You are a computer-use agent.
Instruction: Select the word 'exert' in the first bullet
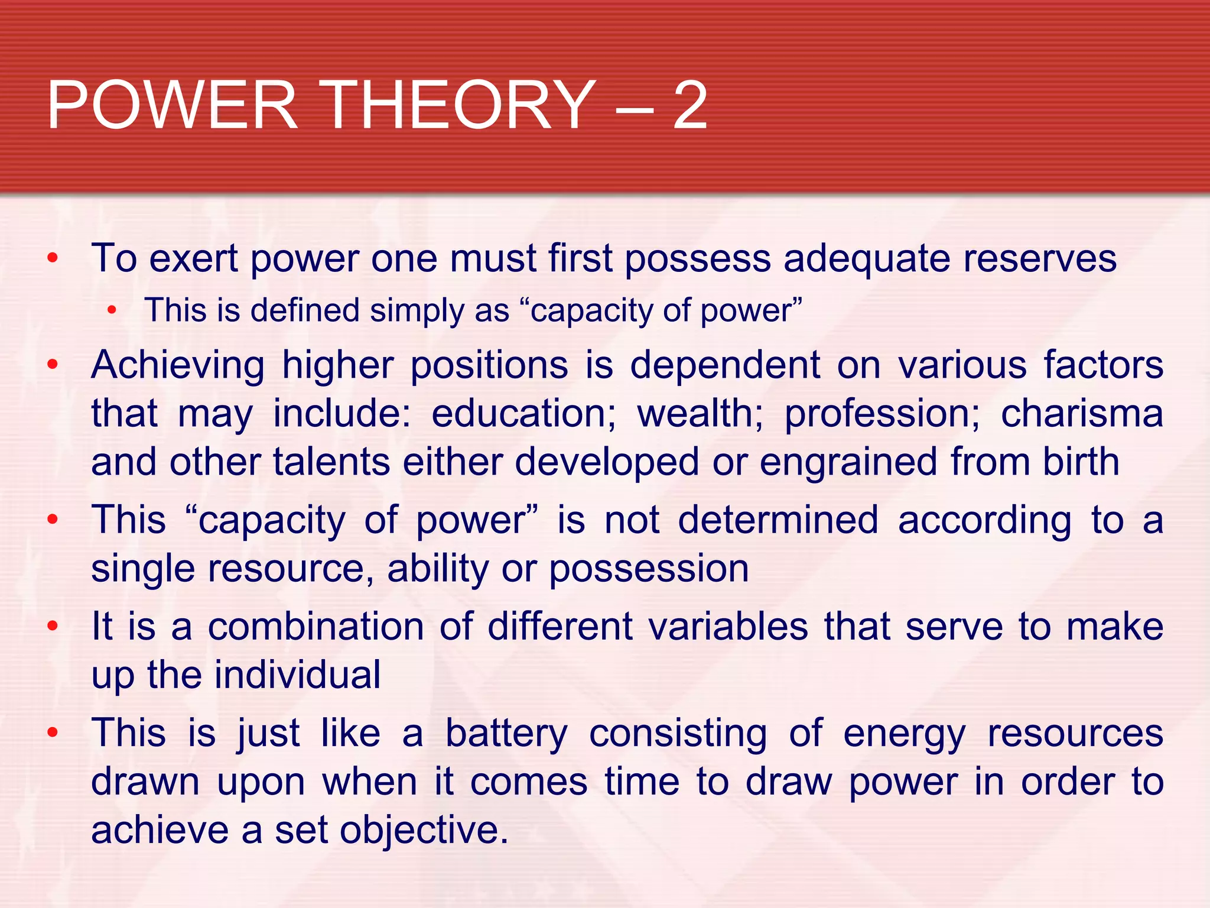(194, 259)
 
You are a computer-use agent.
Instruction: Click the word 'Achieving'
(178, 365)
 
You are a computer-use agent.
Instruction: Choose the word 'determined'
(778, 520)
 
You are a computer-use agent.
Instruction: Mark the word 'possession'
(649, 569)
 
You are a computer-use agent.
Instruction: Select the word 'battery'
(506, 734)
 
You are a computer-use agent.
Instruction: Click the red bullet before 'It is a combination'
(53, 626)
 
